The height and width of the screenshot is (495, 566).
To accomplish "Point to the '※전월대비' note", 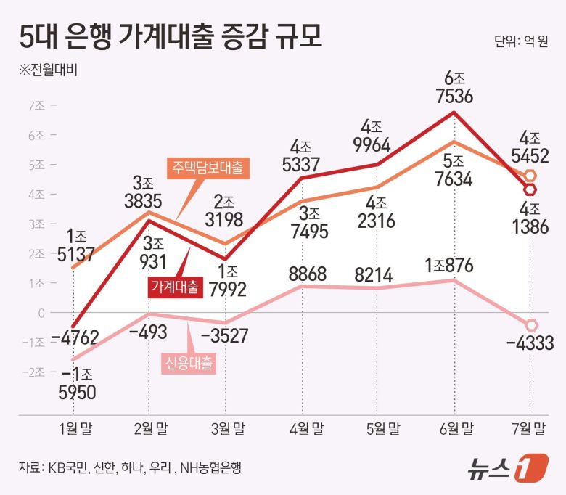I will click(47, 70).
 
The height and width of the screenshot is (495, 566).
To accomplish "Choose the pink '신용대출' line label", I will click(187, 363).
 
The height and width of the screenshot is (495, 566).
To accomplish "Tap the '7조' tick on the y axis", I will click(36, 105).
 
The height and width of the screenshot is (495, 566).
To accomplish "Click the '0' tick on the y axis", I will click(41, 312).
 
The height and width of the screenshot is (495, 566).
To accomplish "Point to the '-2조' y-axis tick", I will click(34, 372).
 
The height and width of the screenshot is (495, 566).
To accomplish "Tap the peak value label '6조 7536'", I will click(454, 86).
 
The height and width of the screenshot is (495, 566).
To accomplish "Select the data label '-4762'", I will click(75, 337).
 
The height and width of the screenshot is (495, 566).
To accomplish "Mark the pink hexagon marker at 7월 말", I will click(530, 325).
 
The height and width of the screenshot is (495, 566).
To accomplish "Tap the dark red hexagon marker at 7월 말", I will click(530, 189).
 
